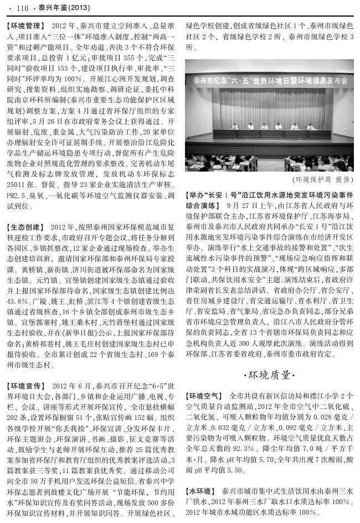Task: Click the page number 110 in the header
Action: (23, 8)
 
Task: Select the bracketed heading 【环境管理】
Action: (25, 26)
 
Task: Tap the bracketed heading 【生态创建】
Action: (25, 227)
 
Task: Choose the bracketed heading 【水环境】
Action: (200, 491)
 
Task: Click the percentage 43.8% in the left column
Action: (19, 301)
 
